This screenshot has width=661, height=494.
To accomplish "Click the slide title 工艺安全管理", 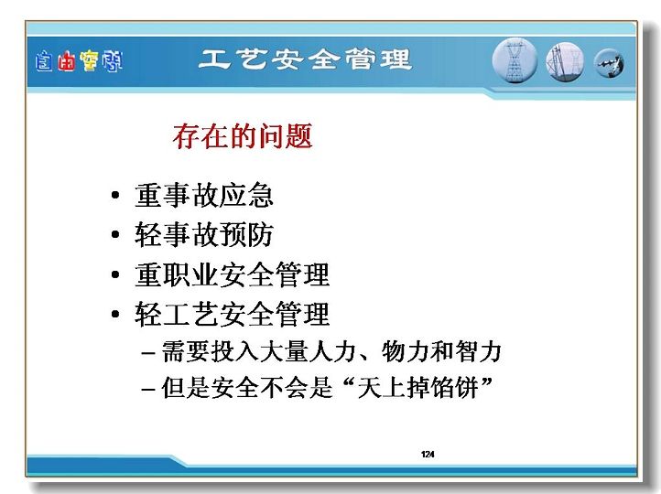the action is click(304, 59).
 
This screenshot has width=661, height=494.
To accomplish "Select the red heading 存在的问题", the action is click(243, 136).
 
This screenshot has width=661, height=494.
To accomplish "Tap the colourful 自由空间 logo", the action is click(79, 61).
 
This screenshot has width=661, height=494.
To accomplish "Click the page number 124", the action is click(428, 454).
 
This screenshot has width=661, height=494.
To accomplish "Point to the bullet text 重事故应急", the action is click(204, 195).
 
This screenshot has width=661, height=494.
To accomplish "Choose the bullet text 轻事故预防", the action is click(204, 234).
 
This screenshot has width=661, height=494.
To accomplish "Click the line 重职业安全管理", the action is click(232, 274).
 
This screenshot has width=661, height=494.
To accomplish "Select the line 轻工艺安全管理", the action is click(232, 314).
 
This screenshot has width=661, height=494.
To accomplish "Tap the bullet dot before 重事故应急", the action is click(115, 195).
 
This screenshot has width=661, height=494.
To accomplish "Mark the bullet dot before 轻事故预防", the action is click(115, 234).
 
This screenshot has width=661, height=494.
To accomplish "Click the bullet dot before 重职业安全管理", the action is click(115, 274).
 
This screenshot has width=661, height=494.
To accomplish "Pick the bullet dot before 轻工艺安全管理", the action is click(115, 314).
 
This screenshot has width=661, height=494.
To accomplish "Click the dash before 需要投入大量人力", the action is click(148, 352).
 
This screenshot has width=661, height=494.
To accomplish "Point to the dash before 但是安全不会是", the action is click(148, 389).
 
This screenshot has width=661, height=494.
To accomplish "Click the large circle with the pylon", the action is click(515, 60).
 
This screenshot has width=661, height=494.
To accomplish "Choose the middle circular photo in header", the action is click(565, 62).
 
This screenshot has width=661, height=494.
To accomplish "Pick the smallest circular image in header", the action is click(609, 64).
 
